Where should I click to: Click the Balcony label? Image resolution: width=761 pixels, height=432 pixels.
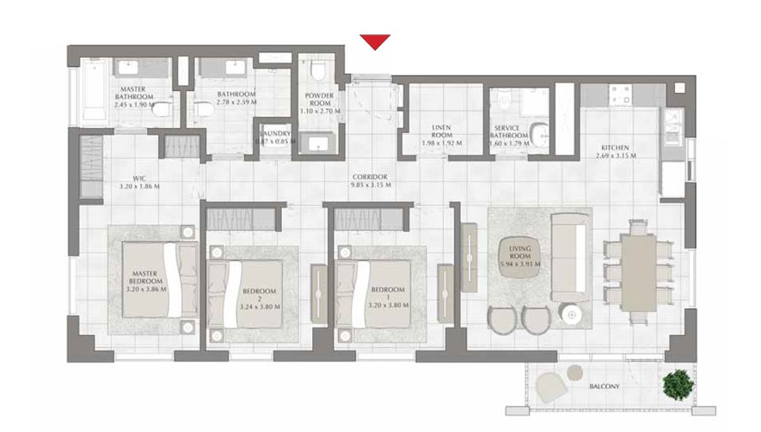point(604,387)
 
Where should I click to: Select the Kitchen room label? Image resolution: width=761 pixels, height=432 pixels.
point(615,147)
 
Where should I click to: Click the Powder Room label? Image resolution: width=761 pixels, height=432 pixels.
point(318,100)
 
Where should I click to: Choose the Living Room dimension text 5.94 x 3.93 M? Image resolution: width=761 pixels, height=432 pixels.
point(519,265)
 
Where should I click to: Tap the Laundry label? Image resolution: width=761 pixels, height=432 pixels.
point(274,134)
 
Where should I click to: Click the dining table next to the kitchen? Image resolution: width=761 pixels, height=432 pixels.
point(636,269)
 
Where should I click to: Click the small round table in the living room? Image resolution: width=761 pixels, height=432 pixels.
point(570,315)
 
